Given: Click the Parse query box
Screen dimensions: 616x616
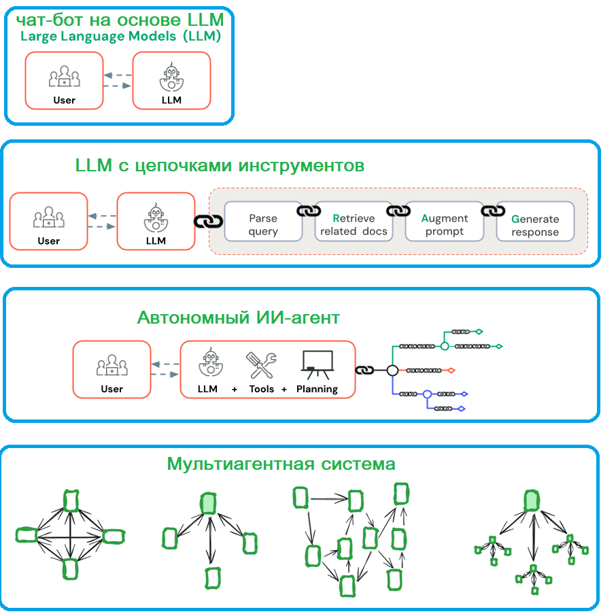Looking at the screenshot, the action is point(263,221).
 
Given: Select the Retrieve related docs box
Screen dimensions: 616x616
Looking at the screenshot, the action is point(354,221).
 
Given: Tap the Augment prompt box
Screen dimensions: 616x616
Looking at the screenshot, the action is point(444,221).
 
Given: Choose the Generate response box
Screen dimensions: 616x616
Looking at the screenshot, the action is point(535,221).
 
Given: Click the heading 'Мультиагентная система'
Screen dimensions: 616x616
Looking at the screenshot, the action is point(281,464).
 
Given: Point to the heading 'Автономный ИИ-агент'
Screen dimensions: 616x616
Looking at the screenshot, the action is point(239,318).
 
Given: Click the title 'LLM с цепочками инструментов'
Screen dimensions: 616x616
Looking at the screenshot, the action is point(220,166).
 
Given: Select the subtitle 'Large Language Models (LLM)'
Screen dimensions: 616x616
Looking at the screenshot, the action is point(120,36).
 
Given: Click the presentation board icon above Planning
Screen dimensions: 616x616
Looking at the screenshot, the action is point(318,365).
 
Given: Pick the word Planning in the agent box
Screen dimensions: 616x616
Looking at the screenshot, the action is point(317,389).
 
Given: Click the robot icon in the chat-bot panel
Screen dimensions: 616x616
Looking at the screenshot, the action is point(172,77).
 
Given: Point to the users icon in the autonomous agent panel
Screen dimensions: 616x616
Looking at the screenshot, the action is point(112,365).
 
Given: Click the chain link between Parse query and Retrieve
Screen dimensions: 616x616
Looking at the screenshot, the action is point(309,211).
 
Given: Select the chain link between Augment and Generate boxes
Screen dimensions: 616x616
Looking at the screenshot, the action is point(493,211).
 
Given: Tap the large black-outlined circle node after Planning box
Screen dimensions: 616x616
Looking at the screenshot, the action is point(392,370).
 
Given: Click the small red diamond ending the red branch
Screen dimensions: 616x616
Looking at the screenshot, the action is point(451,371).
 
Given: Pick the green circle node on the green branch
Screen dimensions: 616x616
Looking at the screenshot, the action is point(444,346).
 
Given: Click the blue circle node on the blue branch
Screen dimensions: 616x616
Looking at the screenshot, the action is point(428,394).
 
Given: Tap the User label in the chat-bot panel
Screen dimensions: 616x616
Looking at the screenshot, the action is point(64,100).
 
